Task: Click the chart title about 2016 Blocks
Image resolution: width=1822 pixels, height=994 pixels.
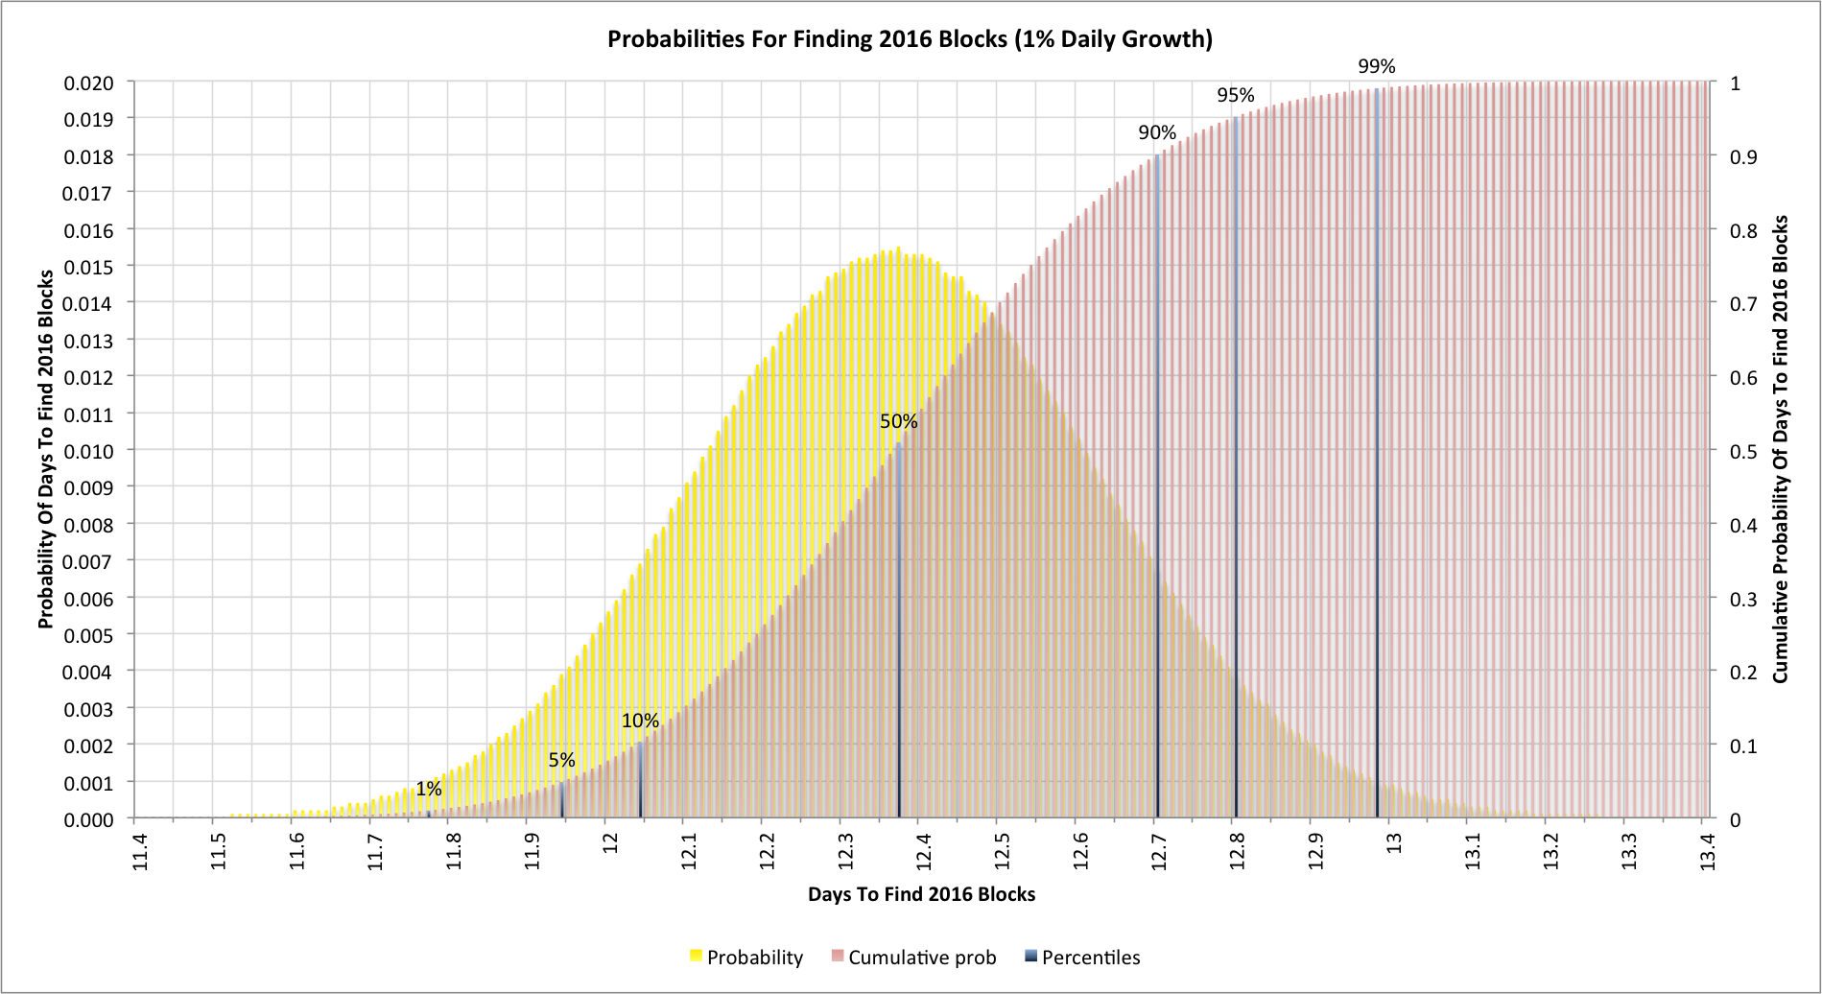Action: pos(910,39)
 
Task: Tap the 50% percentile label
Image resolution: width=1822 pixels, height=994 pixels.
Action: pos(898,421)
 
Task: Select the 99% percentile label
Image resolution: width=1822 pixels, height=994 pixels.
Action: pos(1376,66)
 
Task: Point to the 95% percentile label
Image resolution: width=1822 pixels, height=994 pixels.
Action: pos(1235,95)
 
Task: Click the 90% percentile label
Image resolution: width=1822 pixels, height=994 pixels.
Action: pos(1157,132)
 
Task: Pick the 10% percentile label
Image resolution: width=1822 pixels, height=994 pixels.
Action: pos(640,721)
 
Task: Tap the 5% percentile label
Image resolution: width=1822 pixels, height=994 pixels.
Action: pos(561,760)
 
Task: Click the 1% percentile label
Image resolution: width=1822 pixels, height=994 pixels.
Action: pos(428,789)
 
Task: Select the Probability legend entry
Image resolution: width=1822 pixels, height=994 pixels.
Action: pos(745,958)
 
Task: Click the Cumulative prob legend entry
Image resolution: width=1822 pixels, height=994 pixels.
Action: pos(913,958)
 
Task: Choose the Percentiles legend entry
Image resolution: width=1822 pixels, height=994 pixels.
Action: pos(1082,958)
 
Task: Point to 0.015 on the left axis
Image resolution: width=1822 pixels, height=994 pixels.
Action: pos(88,267)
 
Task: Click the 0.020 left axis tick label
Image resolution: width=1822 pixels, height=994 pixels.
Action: pos(88,83)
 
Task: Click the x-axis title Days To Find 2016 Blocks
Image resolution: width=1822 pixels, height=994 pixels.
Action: pos(921,894)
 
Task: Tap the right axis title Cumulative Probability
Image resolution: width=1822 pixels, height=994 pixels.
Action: pos(1781,449)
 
